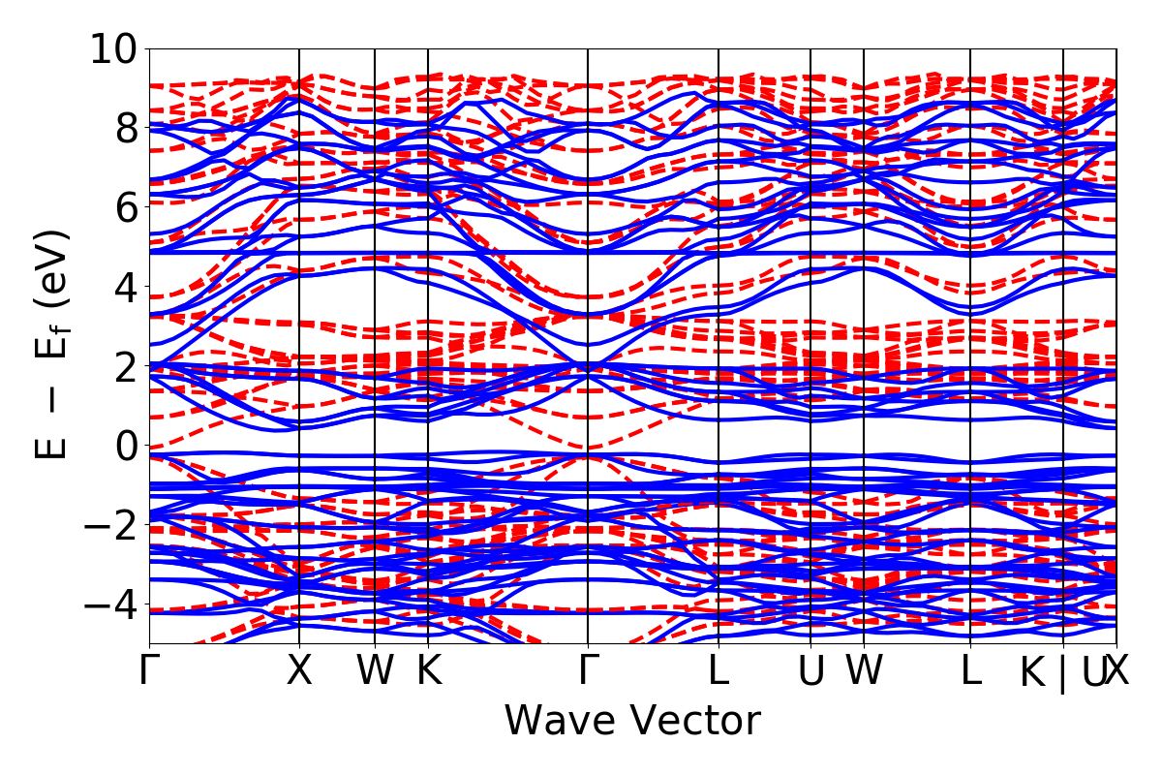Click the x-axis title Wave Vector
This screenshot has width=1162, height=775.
[632, 721]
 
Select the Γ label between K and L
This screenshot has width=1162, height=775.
[588, 670]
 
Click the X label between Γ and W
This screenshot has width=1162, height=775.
[299, 670]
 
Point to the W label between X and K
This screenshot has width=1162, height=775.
[375, 670]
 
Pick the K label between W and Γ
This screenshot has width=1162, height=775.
[428, 670]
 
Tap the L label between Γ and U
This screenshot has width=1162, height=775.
[718, 670]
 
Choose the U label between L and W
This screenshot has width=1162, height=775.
[810, 670]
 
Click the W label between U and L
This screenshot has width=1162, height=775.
[864, 670]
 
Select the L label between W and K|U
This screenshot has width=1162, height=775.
[970, 670]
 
